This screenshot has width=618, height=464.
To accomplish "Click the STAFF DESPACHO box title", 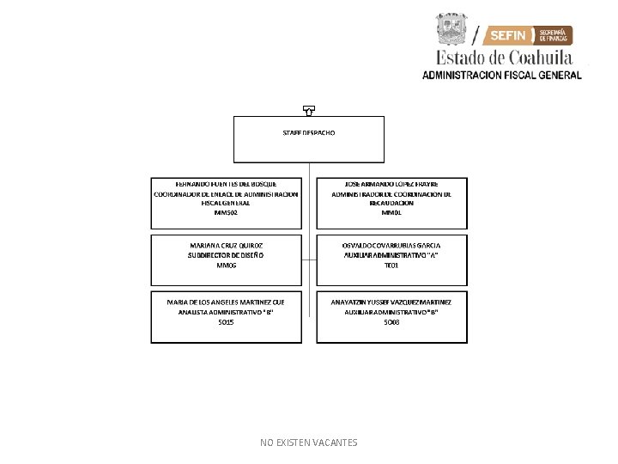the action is tap(309, 133).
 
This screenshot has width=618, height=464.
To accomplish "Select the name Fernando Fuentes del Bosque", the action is tap(227, 183).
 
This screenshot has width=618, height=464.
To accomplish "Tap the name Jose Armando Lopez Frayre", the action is tap(391, 183).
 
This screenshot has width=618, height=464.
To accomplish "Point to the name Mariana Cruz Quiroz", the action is tap(227, 245).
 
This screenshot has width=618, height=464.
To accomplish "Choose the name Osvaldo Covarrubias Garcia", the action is tap(391, 245).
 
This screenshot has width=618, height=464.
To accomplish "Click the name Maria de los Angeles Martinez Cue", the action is tap(227, 302).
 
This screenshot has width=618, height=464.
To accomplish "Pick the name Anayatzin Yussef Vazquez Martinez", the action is tap(391, 302).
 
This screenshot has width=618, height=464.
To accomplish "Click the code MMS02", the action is tap(227, 212).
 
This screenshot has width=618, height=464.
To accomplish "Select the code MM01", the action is tap(391, 212).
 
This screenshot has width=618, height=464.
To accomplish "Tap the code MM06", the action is tap(227, 266).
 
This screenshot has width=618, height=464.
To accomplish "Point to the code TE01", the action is tap(391, 266).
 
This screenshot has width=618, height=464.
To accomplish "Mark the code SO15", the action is tap(227, 322).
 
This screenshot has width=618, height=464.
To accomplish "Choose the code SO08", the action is tap(391, 322).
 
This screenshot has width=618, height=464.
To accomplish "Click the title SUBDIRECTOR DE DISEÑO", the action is tap(227, 255).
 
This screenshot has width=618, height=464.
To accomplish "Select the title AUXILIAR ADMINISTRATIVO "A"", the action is tap(391, 255).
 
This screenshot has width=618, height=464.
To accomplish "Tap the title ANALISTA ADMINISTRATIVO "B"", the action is tap(227, 313).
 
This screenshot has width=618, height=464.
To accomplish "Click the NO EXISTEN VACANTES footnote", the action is tap(309, 443).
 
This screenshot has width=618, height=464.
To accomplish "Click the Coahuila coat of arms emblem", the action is tap(453, 31).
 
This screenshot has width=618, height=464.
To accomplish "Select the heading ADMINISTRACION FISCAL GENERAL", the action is tap(501, 75).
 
